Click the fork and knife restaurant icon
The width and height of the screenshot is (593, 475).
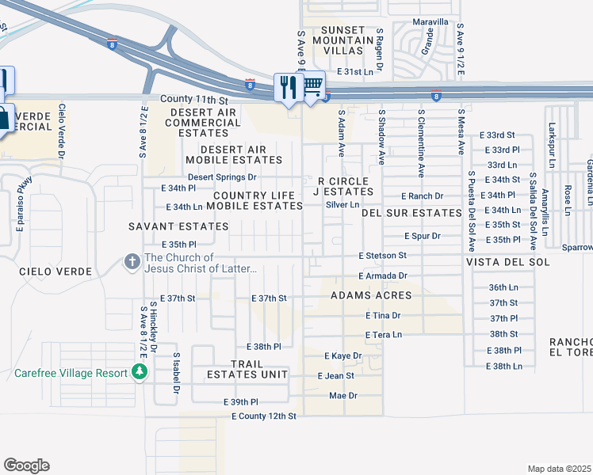click(x=286, y=85)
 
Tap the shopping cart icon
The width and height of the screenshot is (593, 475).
click(x=313, y=84)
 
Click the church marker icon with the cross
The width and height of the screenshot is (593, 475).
click(x=132, y=260)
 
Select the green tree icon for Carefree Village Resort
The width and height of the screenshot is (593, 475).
click(x=140, y=371)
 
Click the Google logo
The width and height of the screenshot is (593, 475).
click(x=26, y=465)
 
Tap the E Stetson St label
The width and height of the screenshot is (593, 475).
click(x=382, y=256)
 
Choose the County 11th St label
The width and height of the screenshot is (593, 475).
click(x=193, y=101)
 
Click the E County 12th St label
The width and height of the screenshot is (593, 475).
click(x=264, y=416)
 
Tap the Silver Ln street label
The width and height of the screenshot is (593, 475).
click(x=342, y=204)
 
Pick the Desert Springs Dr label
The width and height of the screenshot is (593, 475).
click(x=222, y=177)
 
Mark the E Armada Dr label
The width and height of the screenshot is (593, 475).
click(x=381, y=275)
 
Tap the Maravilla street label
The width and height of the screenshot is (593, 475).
click(x=430, y=22)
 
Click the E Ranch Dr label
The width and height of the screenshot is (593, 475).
click(x=422, y=196)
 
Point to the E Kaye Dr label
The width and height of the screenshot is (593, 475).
click(x=342, y=356)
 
